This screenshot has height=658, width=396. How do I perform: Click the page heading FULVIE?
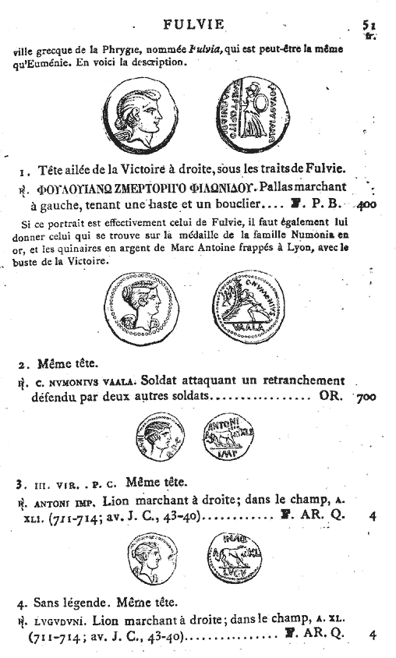click(199, 24)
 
